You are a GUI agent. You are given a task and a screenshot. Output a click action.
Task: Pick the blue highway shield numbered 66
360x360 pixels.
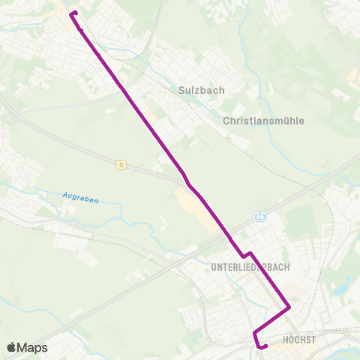point(260,217)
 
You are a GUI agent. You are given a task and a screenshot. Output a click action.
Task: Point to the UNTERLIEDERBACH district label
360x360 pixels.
point(250,267)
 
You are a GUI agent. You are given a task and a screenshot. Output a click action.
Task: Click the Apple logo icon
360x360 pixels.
point(11,347)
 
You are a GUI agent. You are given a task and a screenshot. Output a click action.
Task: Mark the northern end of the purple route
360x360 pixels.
point(71,13)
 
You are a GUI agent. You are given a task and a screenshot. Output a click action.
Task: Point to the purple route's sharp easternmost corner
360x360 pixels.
point(289,307)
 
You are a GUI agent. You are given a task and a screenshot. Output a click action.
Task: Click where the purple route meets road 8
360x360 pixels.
point(184,180)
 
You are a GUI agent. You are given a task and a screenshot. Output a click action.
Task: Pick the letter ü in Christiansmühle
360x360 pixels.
point(294,120)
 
